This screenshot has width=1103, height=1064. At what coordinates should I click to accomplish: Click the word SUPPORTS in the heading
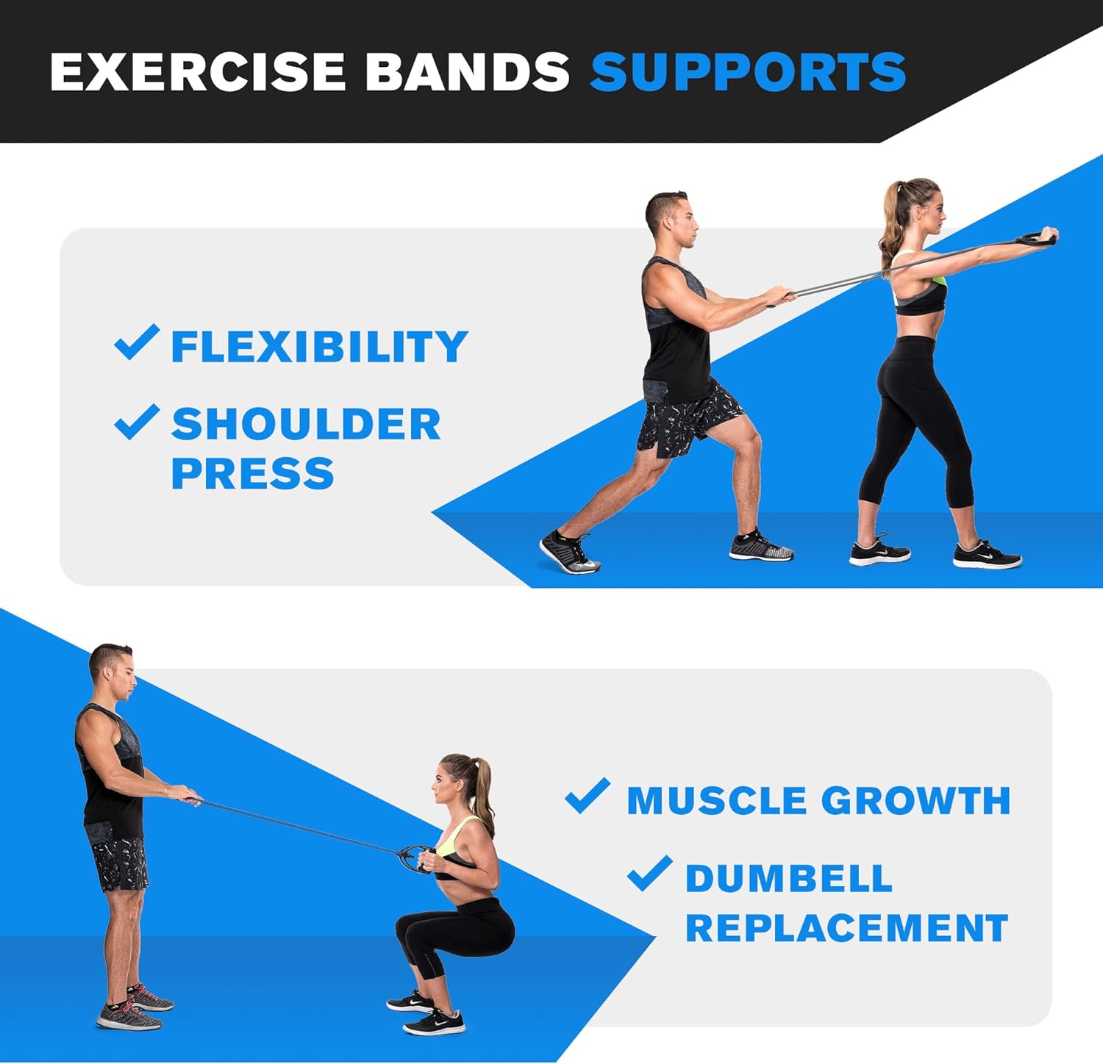click(x=748, y=71)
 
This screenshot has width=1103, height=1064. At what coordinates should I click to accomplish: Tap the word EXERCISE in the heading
click(x=198, y=71)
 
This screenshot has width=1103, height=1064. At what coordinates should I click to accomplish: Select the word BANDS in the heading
click(x=468, y=71)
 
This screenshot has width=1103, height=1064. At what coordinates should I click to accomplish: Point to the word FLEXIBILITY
click(x=319, y=346)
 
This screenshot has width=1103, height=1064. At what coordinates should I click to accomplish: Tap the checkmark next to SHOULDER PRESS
click(x=138, y=422)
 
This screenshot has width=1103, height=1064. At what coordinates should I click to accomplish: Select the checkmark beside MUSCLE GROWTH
click(x=588, y=796)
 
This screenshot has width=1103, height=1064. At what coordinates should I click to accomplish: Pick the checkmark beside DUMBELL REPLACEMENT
click(x=650, y=874)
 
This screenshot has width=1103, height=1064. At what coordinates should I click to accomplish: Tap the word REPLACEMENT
click(x=846, y=928)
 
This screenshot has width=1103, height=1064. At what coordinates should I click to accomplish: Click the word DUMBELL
click(x=789, y=878)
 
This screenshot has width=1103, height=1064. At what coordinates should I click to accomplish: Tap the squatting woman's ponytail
click(x=484, y=790)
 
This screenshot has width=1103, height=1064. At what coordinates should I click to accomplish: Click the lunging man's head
click(x=670, y=221)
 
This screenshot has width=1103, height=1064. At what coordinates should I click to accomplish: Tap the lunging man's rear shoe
click(x=570, y=553)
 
